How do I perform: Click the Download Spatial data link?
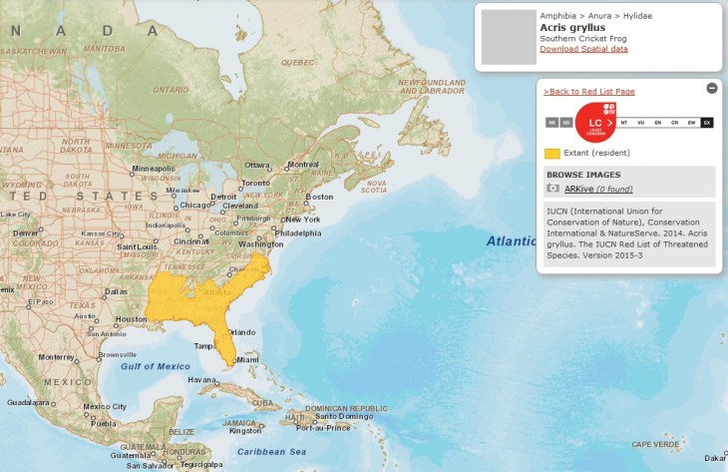[x=583, y=49]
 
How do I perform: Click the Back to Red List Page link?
[x=589, y=91]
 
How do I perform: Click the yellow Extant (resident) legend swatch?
[x=551, y=153]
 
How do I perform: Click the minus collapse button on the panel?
[x=712, y=88]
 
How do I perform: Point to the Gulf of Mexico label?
[x=155, y=366]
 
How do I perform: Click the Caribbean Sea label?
[x=271, y=452]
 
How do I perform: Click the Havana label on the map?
[x=203, y=379]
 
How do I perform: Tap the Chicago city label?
[x=195, y=205]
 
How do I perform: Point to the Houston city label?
[x=131, y=319]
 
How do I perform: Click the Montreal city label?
[x=302, y=165]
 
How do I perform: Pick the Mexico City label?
[x=105, y=407]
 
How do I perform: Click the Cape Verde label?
[x=653, y=444]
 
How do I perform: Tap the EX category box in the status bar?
[x=707, y=123]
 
